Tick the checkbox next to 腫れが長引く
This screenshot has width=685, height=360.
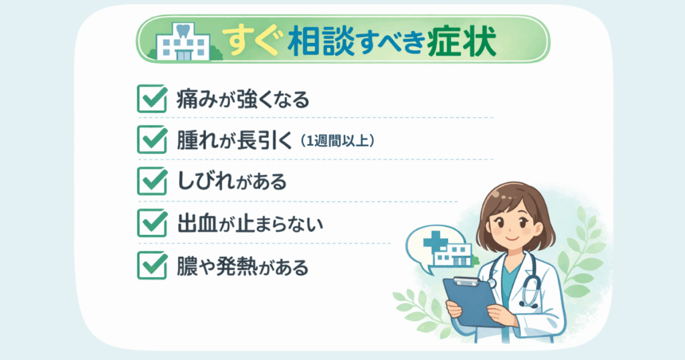click(151, 139)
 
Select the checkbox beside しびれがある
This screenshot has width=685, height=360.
click(151, 181)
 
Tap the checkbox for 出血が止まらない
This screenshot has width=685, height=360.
click(151, 223)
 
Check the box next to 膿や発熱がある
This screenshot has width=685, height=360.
click(151, 266)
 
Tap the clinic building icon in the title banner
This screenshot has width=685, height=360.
click(183, 43)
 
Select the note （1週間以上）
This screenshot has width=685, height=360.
click(338, 141)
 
